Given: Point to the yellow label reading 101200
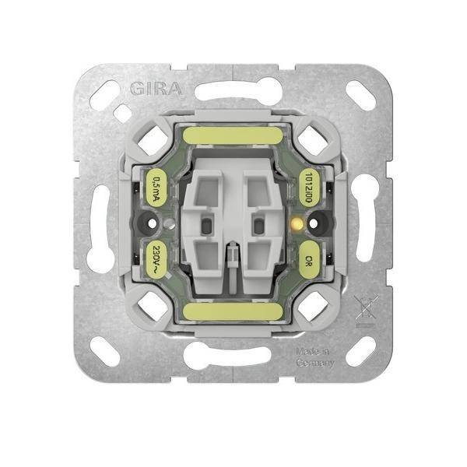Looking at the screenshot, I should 311,188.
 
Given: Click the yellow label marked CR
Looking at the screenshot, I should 311,257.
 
